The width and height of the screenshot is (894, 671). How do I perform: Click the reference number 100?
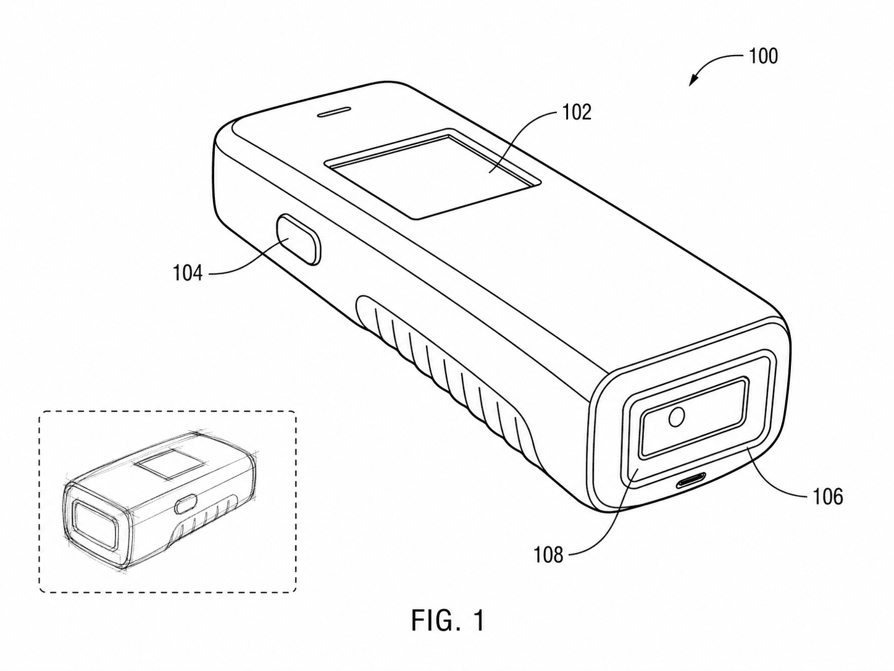pyautogui.click(x=763, y=57)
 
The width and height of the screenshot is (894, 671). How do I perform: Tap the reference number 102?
pyautogui.click(x=577, y=112)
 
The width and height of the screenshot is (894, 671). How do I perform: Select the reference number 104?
pyautogui.click(x=188, y=272)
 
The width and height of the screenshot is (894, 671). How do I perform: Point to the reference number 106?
pyautogui.click(x=827, y=497)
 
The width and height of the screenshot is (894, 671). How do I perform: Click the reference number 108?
pyautogui.click(x=549, y=555)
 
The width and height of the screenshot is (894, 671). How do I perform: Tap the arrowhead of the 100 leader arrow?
pyautogui.click(x=693, y=81)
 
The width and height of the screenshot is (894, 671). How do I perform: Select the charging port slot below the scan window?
pyautogui.click(x=691, y=484)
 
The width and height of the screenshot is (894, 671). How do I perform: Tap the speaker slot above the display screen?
pyautogui.click(x=334, y=112)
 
